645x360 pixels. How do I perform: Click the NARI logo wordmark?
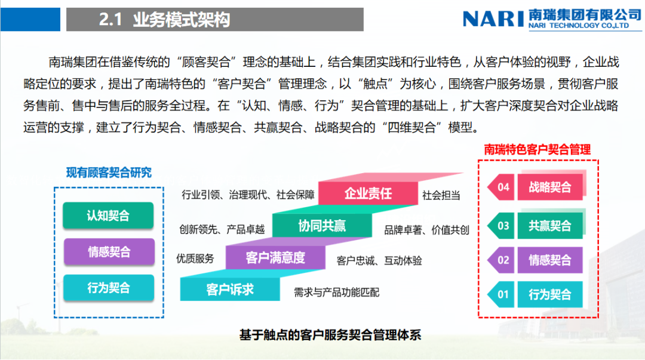tap(494, 18)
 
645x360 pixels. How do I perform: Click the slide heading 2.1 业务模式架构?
tap(164, 20)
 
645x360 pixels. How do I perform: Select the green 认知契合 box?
tap(108, 216)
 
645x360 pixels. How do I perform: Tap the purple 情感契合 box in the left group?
tap(108, 251)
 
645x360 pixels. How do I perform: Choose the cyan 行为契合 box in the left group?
tap(108, 288)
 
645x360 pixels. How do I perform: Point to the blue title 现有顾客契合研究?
tap(109, 173)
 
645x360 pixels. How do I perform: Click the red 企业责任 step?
tap(368, 193)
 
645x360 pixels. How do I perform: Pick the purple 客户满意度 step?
tap(275, 258)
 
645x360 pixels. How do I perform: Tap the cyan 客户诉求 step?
tap(230, 290)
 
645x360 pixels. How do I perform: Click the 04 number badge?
tap(502, 187)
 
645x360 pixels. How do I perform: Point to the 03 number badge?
tap(502, 226)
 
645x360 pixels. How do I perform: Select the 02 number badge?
tap(502, 260)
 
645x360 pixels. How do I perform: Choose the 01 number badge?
tap(502, 294)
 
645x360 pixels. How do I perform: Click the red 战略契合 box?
tap(550, 187)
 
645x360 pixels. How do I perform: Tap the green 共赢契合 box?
tap(550, 226)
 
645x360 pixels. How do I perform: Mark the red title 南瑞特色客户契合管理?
tap(537, 149)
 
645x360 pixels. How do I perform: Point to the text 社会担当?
tap(441, 195)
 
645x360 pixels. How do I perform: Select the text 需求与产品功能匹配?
tap(336, 293)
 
